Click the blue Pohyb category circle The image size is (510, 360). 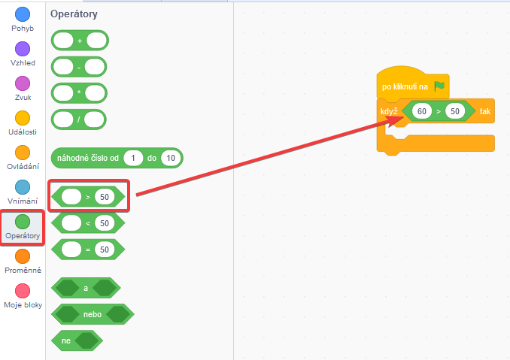23,14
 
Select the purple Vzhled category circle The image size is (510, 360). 23,49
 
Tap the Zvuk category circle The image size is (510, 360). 23,83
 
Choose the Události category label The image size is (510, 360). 23,132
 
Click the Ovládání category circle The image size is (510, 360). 23,153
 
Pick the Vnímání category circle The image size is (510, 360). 23,187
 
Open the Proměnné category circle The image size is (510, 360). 23,256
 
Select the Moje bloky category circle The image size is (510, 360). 23,291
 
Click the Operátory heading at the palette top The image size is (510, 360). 74,14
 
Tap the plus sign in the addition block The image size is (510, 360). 80,40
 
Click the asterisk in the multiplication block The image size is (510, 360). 79,92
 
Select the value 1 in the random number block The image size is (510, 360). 133,158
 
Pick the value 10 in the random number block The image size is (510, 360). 172,158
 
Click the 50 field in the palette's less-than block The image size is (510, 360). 104,223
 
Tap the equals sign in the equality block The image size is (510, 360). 88,249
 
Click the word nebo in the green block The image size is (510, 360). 93,313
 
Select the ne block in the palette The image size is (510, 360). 66,340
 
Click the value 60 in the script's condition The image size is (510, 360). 422,111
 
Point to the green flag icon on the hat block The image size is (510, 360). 439,86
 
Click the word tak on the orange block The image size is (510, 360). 485,111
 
